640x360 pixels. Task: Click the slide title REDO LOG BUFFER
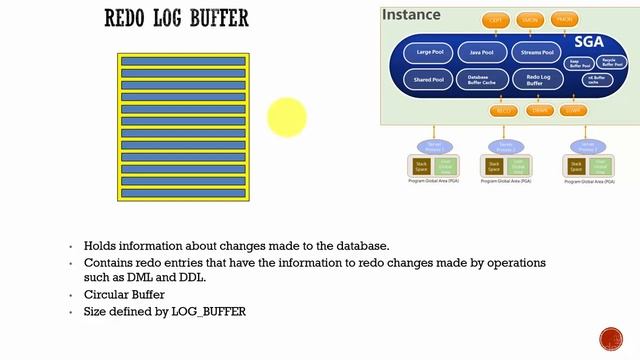[177, 19]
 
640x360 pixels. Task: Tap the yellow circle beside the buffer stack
[286, 117]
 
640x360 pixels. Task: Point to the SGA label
[589, 41]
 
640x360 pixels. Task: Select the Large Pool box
[429, 51]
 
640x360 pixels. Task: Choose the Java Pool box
[482, 51]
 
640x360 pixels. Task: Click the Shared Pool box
[429, 79]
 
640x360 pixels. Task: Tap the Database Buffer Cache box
[482, 79]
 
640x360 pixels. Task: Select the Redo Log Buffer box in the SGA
[536, 79]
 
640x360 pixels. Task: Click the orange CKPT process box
[497, 20]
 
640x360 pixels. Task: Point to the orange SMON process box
[531, 20]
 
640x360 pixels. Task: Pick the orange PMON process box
[565, 20]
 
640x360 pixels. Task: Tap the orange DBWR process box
[541, 110]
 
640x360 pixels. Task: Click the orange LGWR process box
[573, 110]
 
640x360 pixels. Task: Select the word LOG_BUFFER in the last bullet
[209, 312]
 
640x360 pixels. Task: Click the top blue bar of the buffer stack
[182, 62]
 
